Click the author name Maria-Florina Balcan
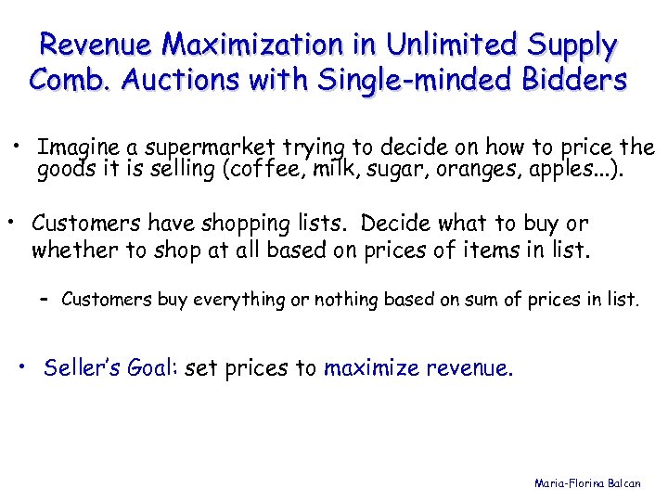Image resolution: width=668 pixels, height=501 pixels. pyautogui.click(x=586, y=483)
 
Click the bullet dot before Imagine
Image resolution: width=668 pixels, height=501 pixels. pyautogui.click(x=17, y=145)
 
